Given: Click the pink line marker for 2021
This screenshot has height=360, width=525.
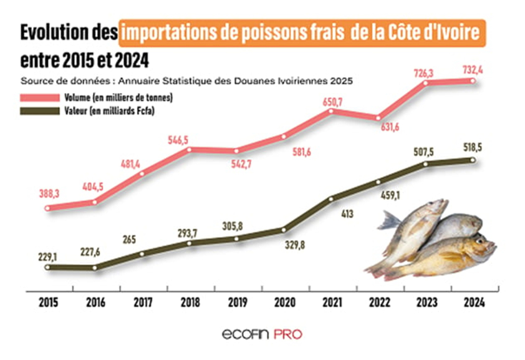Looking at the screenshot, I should [331, 111].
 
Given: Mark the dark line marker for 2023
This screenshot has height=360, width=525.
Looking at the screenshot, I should [426, 164].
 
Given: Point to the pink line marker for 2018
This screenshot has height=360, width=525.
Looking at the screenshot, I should [190, 149].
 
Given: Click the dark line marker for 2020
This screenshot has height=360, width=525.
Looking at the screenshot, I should [284, 230].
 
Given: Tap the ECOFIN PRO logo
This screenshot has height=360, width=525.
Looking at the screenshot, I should [262, 334].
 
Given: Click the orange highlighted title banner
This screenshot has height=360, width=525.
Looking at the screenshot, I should [302, 32].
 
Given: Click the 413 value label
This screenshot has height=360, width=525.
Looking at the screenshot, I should [347, 214].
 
